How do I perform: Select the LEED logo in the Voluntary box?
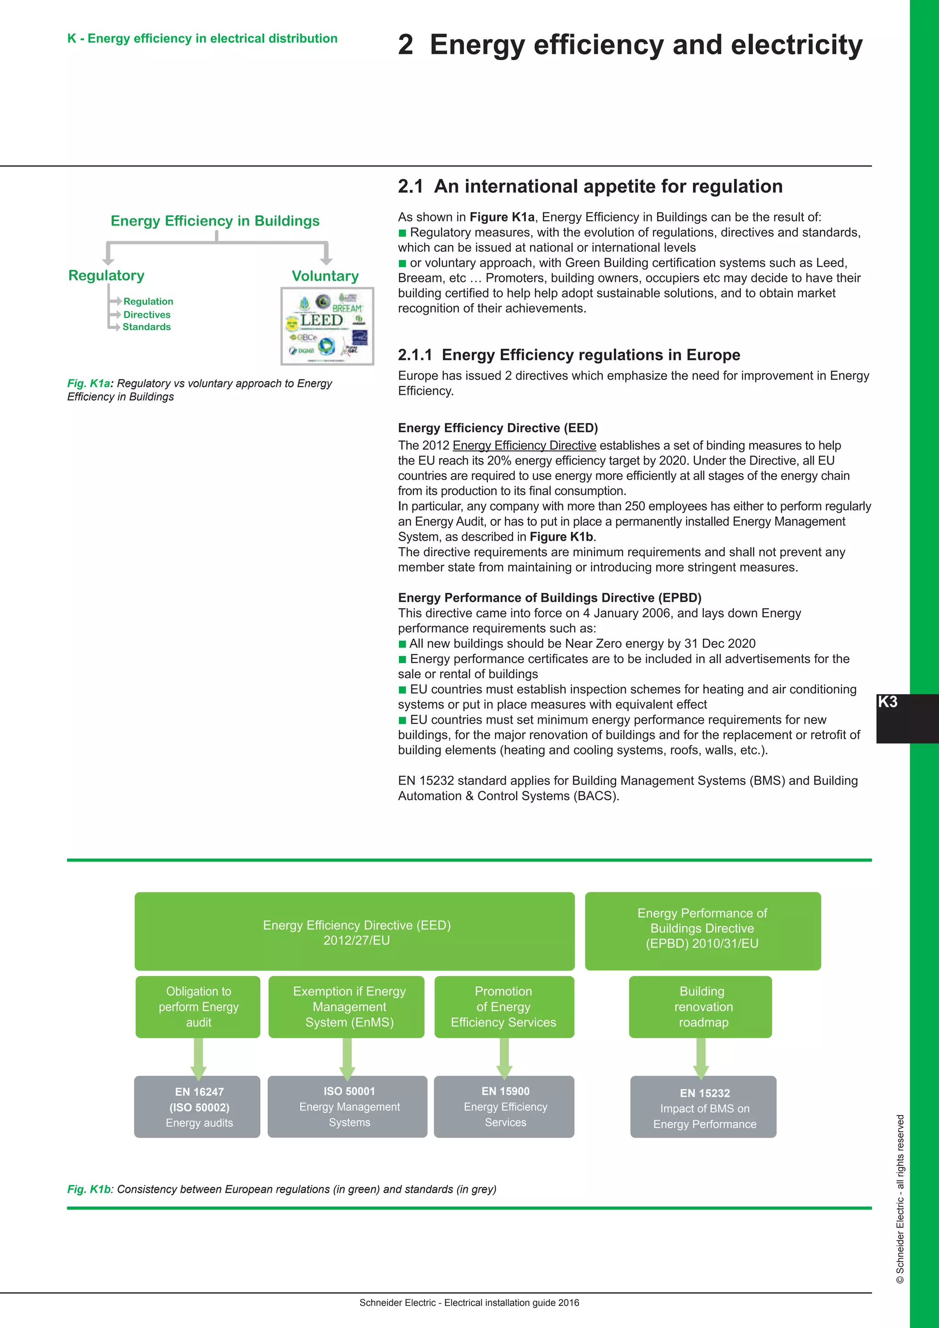(x=321, y=321)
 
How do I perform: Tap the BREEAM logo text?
(x=347, y=308)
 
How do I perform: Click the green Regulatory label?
(x=106, y=275)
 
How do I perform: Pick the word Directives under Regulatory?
(x=147, y=315)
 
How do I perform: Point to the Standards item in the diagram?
(x=146, y=327)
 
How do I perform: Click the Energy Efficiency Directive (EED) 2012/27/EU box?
(x=355, y=931)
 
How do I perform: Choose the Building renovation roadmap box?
(x=701, y=1007)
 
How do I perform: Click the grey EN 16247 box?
(x=198, y=1107)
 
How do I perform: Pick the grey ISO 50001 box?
(x=348, y=1107)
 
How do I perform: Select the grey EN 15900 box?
(x=504, y=1107)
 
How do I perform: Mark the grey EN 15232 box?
(x=703, y=1107)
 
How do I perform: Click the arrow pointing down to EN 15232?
(x=701, y=1058)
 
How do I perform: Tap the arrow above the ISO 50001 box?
(x=347, y=1058)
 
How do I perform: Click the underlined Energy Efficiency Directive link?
(x=524, y=445)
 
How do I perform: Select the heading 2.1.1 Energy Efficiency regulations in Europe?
(x=569, y=354)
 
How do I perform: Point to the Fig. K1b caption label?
(x=89, y=1189)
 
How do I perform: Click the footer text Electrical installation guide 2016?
(x=511, y=1303)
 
